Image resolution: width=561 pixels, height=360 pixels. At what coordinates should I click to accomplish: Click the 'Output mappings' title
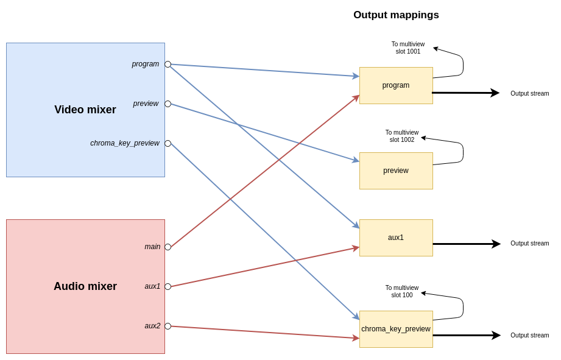pyautogui.click(x=396, y=15)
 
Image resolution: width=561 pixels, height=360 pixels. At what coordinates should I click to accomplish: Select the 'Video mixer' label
pyautogui.click(x=85, y=110)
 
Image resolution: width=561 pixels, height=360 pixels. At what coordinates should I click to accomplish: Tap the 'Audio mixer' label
pyautogui.click(x=85, y=286)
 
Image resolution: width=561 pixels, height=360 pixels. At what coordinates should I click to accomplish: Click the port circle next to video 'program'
pyautogui.click(x=168, y=64)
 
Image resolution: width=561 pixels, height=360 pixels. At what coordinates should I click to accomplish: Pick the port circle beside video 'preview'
pyautogui.click(x=168, y=104)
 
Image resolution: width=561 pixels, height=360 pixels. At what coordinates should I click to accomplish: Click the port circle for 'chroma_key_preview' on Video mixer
pyautogui.click(x=168, y=143)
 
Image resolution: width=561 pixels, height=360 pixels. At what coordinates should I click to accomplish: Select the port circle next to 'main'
pyautogui.click(x=168, y=247)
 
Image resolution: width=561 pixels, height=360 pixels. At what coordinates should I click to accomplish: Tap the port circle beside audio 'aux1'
pyautogui.click(x=168, y=286)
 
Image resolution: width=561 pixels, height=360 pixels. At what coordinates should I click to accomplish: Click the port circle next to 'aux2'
pyautogui.click(x=168, y=326)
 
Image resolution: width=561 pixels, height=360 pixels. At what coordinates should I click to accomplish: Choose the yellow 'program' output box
pyautogui.click(x=396, y=85)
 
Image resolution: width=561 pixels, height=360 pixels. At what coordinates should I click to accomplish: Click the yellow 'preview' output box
pyautogui.click(x=396, y=171)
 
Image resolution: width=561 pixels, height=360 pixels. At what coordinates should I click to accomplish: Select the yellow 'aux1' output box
pyautogui.click(x=396, y=238)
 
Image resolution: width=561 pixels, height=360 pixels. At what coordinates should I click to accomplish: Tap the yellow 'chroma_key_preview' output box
pyautogui.click(x=396, y=329)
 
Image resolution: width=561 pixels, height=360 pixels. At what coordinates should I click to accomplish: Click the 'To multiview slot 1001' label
pyautogui.click(x=408, y=48)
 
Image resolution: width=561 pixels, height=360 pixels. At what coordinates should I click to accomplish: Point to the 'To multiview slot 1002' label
pyautogui.click(x=402, y=136)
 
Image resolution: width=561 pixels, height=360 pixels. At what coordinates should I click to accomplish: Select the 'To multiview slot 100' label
pyautogui.click(x=402, y=291)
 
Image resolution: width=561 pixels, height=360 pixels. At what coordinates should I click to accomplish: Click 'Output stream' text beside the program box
pyautogui.click(x=529, y=93)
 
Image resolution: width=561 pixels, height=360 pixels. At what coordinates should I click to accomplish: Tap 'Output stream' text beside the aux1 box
pyautogui.click(x=529, y=243)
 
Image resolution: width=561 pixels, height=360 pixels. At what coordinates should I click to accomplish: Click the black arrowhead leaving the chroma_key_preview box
pyautogui.click(x=496, y=335)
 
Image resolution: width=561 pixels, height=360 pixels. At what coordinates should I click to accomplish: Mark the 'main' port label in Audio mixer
pyautogui.click(x=152, y=247)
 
